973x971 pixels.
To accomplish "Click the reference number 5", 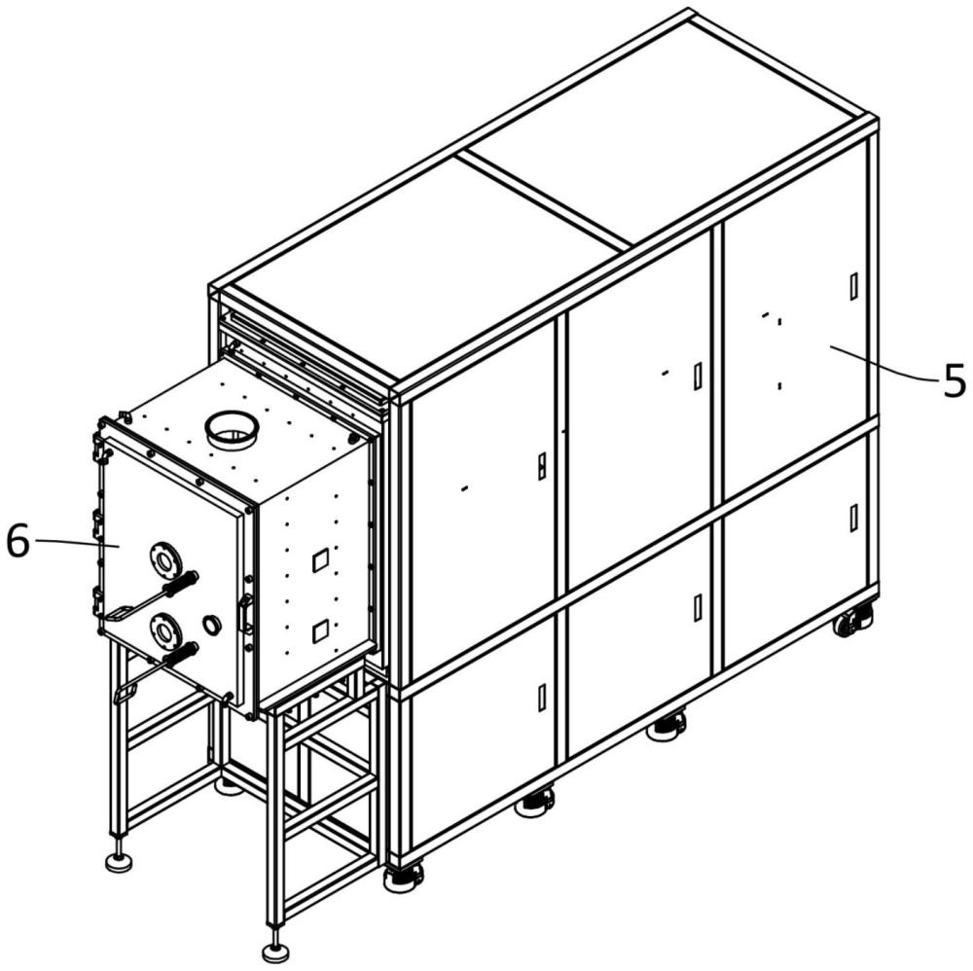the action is click(954, 380).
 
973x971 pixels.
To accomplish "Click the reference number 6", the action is click(18, 542).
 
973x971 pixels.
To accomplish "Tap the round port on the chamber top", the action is click(231, 427).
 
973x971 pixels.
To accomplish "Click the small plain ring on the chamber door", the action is click(211, 623).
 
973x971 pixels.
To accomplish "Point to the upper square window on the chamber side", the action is click(319, 560).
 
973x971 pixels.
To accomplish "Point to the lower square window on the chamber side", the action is click(319, 631).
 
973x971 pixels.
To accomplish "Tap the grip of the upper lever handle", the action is click(182, 585).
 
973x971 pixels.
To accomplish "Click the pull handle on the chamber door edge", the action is click(244, 614).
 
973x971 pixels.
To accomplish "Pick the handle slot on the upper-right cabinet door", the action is click(853, 285).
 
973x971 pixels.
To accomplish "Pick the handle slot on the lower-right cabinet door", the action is click(853, 518).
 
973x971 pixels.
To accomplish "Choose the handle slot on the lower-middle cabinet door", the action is click(698, 607).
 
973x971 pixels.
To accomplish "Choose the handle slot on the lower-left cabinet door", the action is click(542, 697).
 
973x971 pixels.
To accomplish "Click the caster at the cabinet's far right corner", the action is click(852, 621).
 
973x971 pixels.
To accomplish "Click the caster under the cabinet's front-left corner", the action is click(403, 878).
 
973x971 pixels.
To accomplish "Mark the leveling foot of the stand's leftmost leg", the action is click(119, 862).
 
